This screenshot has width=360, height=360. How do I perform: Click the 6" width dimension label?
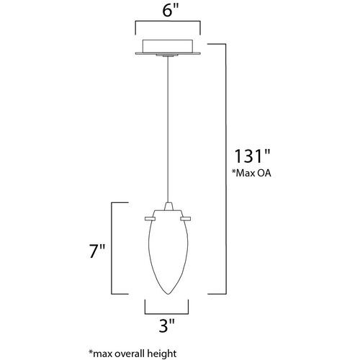171,11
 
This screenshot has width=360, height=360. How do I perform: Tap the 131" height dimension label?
252,156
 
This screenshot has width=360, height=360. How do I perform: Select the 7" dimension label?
97,251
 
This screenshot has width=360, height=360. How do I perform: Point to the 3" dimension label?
166,325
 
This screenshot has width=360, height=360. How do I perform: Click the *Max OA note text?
251,173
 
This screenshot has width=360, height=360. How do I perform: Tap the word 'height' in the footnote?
162,354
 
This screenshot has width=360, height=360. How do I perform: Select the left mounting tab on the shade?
150,218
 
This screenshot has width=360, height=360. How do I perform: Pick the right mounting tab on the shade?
186,218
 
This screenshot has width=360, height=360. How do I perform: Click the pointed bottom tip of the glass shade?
168,294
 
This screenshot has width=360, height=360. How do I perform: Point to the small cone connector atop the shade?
168,207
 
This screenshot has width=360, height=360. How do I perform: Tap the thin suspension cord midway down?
168,130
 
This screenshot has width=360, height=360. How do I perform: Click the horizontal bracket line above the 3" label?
166,314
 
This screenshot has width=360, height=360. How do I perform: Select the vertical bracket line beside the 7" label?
112,248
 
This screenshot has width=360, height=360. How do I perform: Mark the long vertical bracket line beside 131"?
226,168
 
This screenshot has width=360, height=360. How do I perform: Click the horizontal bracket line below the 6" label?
168,22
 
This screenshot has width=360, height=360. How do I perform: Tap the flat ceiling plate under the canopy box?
168,53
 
